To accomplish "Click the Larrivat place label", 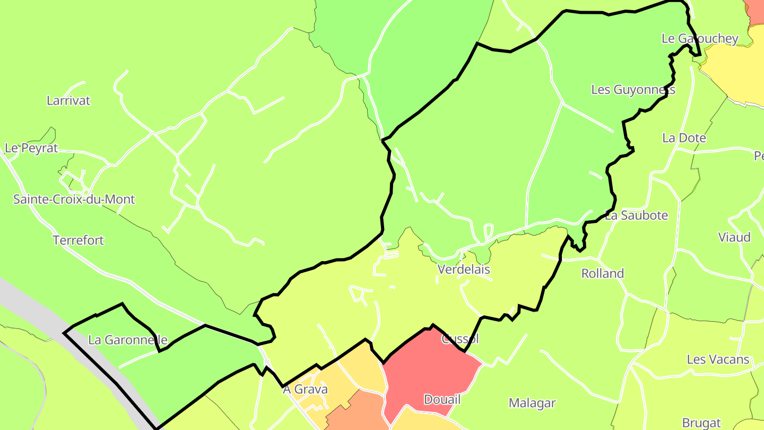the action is point(68,100).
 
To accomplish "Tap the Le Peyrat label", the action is point(31,148).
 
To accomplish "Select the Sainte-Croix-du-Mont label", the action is point(74,200).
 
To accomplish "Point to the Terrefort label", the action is point(79,240).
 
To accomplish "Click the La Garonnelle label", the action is point(128,340).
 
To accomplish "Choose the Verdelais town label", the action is point(464,269).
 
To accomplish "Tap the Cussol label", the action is point(460,339).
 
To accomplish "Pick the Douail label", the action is point(442,399).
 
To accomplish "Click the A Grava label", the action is point(305,389).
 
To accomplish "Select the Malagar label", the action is point(532,403).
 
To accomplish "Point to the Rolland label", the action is point(603,273).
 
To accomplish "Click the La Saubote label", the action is point(636,216).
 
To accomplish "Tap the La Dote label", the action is point(684,138).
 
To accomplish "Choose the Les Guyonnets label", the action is point(633,90).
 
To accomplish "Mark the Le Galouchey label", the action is point(700,38).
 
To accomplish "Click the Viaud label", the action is point(734,237).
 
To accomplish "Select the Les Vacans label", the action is point(718,359).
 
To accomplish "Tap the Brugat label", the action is point(701,423).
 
